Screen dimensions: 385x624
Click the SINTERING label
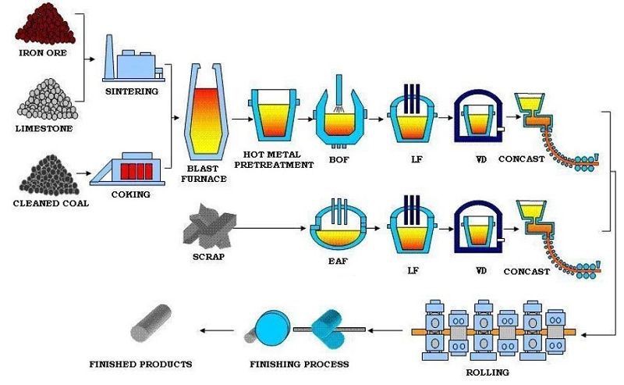tap(131, 91)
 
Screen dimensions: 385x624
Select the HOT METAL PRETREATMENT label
tap(278, 159)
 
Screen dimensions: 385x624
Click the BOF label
tap(341, 159)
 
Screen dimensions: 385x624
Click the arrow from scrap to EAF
tap(269, 228)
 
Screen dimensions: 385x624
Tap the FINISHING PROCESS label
tap(300, 364)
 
